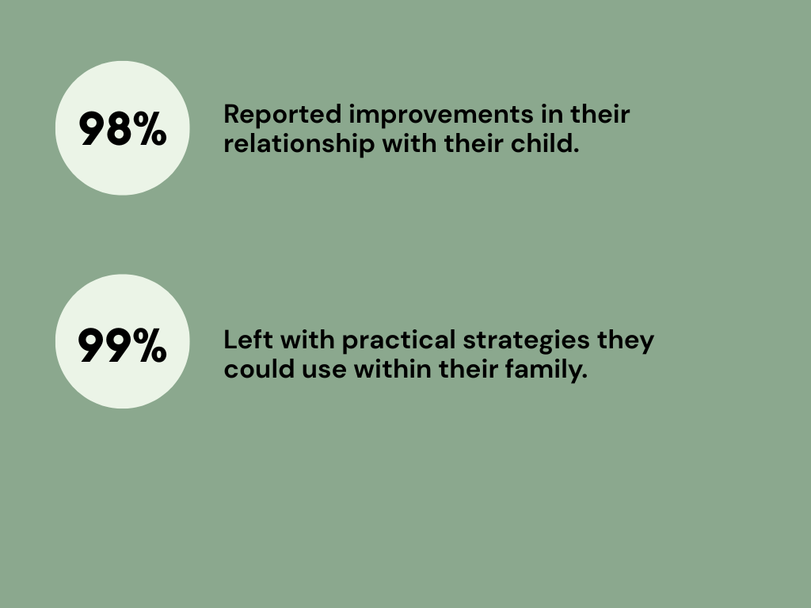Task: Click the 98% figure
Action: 123,129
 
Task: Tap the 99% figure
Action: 123,345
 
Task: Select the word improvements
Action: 441,116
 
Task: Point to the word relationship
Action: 299,144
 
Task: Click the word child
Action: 545,143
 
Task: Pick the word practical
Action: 399,342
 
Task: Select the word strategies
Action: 526,342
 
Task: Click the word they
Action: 626,342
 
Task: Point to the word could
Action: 259,369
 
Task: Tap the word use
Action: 324,372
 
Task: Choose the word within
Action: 393,369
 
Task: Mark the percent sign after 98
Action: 150,129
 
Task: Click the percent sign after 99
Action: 150,345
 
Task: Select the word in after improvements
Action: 552,114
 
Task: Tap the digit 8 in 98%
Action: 120,129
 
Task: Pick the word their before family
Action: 468,369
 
